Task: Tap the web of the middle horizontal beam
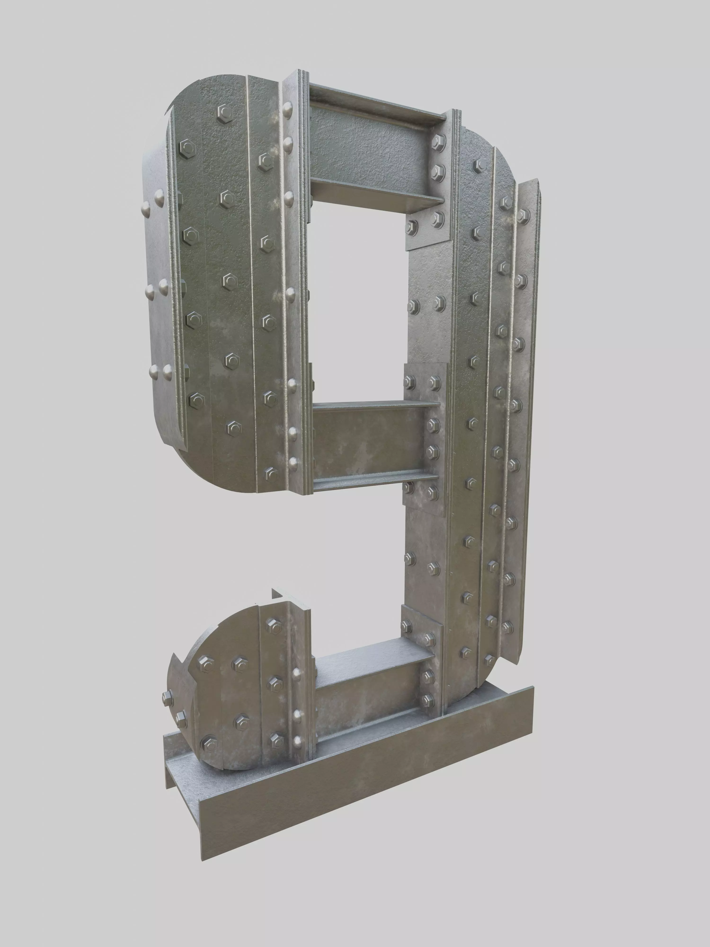[368, 441]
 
